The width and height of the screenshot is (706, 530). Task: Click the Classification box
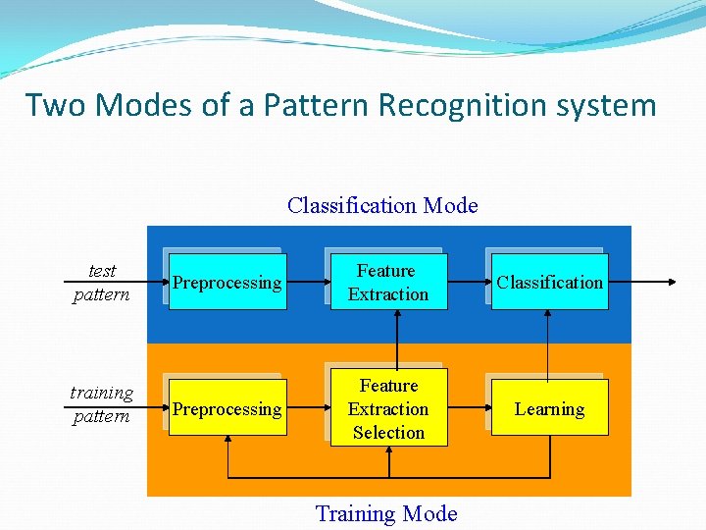[x=549, y=283]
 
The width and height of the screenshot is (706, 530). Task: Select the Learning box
[x=549, y=409]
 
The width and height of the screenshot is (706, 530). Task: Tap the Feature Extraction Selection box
[x=388, y=408]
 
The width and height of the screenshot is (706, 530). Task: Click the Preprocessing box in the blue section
[x=227, y=283]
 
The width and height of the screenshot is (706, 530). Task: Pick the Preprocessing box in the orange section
[x=227, y=409]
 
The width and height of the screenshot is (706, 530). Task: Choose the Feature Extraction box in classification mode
[x=388, y=283]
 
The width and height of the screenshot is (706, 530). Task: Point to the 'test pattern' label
[x=101, y=283]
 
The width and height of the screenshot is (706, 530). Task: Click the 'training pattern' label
[x=101, y=404]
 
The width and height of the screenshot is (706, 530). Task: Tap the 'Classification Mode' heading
[x=382, y=205]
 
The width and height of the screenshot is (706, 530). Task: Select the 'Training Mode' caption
[x=386, y=513]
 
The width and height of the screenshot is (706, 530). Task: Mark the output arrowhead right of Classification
[x=672, y=283]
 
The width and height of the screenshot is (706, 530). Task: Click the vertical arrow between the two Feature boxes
[x=396, y=340]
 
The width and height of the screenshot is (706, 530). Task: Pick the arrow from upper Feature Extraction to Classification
[x=468, y=283]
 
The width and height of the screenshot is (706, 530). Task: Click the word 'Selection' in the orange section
[x=388, y=433]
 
